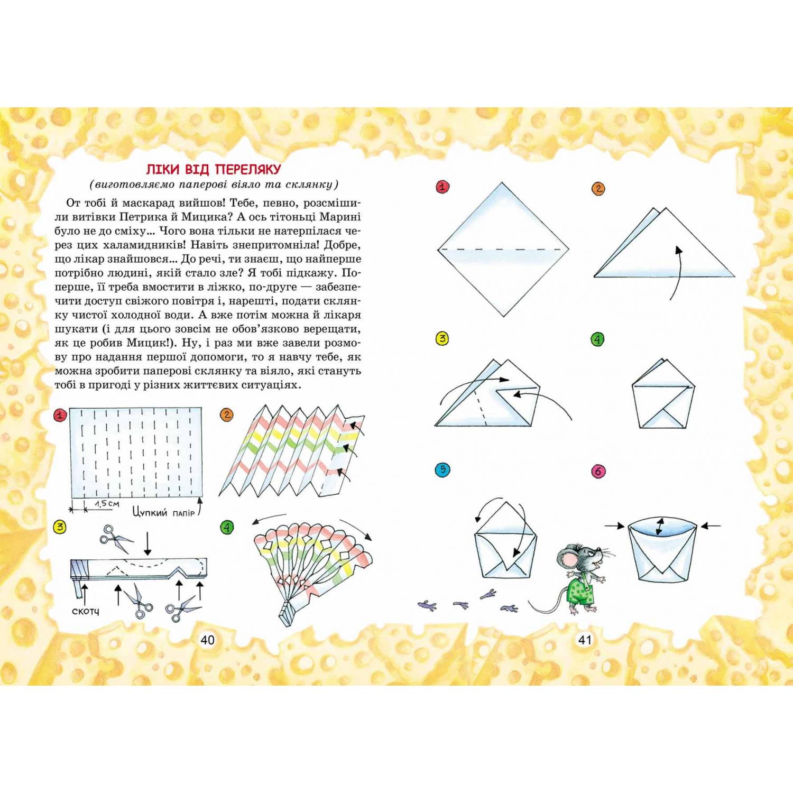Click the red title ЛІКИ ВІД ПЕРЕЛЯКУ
(214, 169)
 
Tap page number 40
(208, 640)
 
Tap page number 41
(585, 640)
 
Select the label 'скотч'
(85, 611)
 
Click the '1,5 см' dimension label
(107, 504)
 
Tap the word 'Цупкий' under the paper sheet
(150, 512)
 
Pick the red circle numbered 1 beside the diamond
(442, 187)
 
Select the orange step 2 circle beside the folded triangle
(598, 189)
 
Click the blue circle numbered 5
(442, 469)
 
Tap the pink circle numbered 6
(598, 471)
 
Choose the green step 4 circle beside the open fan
(227, 527)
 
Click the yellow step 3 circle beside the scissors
(60, 527)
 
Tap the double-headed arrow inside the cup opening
(659, 527)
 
